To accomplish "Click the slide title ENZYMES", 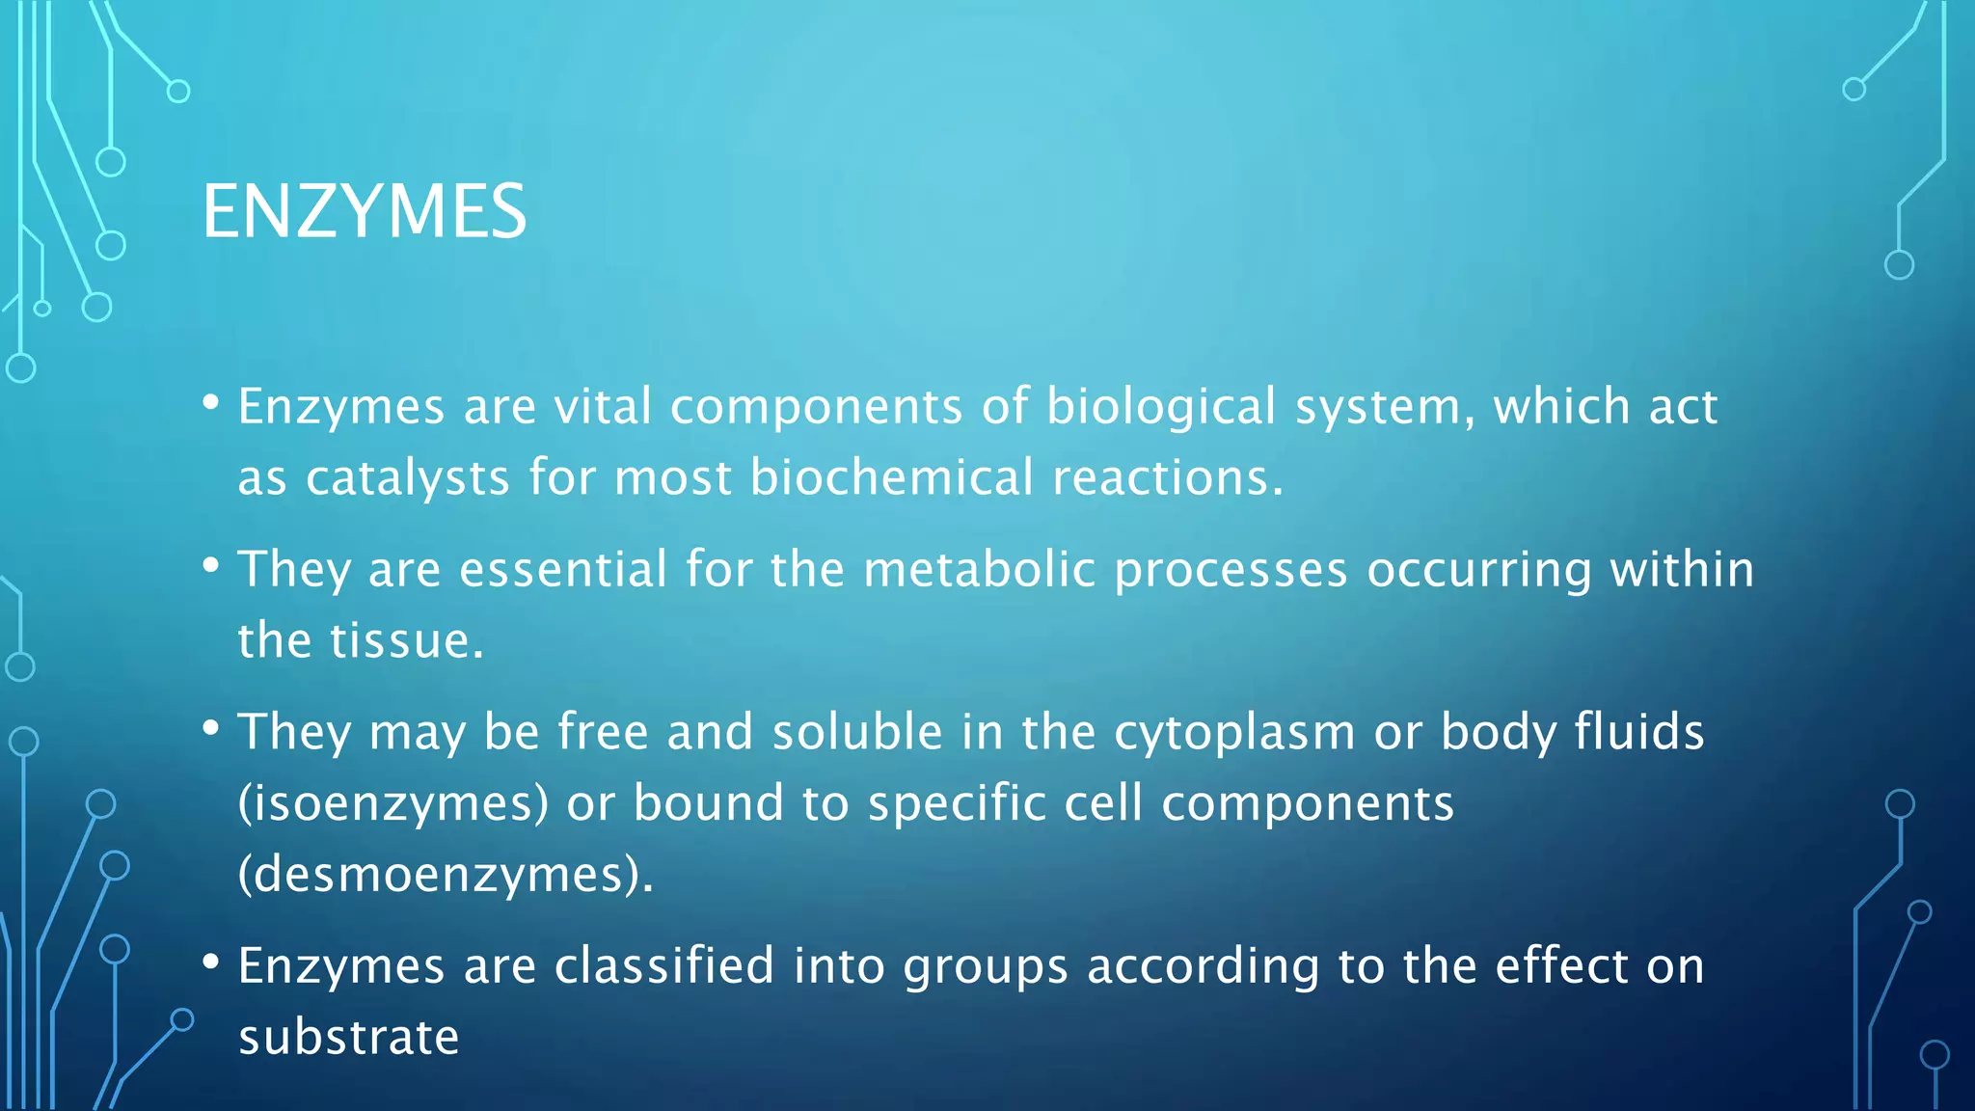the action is (x=365, y=211).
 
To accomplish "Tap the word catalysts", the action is (x=407, y=478).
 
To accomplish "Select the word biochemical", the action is (x=891, y=477).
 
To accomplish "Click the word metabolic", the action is (x=979, y=569).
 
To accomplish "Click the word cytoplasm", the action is (x=1234, y=733).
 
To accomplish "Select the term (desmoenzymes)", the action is (x=446, y=875).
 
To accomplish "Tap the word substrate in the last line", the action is (x=348, y=1038).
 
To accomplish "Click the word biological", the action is (x=1161, y=407).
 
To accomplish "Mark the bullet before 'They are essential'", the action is (x=211, y=566).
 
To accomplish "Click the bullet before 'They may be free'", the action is (x=211, y=728).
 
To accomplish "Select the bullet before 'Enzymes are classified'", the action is (x=211, y=962).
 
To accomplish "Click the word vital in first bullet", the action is (x=603, y=407).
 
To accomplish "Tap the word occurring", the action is (x=1478, y=570).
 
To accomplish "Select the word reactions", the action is (x=1167, y=478).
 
